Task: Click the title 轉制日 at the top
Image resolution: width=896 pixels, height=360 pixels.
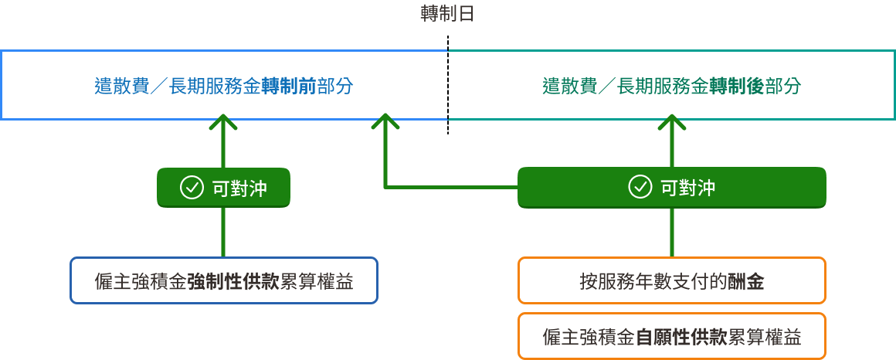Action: point(447,15)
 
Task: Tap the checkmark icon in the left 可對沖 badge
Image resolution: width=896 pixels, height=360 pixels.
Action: point(191,188)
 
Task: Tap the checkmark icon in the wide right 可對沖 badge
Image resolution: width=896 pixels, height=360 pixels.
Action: point(640,188)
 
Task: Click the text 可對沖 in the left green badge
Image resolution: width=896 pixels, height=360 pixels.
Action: point(239,188)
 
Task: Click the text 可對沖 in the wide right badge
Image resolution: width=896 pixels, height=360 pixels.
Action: point(687,188)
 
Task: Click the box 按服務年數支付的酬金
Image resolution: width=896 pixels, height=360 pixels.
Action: point(671,280)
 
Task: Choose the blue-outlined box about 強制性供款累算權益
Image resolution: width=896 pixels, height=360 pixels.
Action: point(224,280)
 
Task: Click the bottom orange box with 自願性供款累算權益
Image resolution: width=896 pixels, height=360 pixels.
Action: point(671,337)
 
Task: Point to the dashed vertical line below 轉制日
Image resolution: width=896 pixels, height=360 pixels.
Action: point(447,85)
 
